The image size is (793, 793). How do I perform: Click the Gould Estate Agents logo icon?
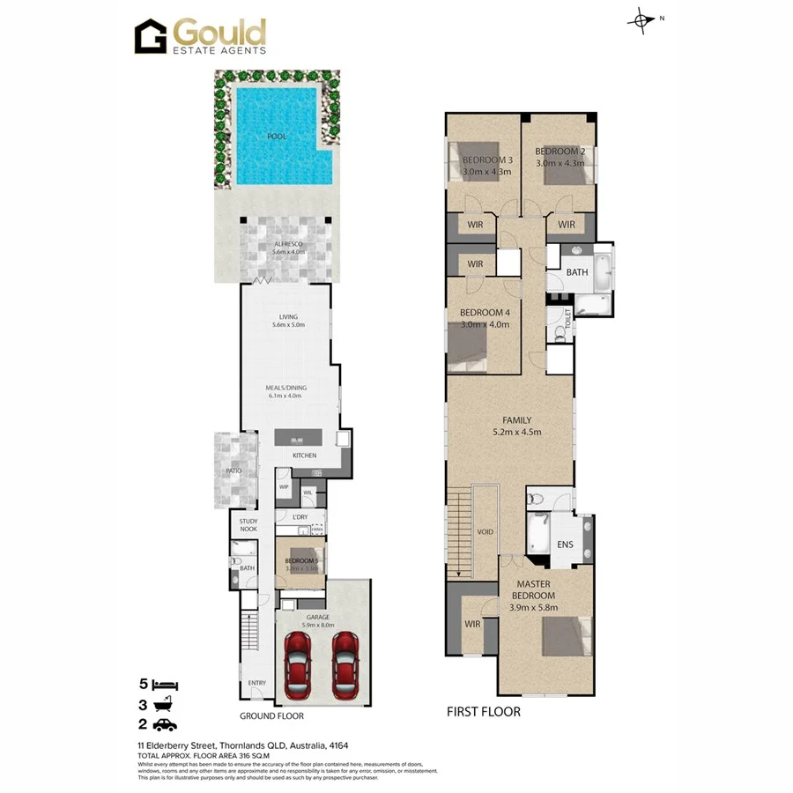[x=151, y=37]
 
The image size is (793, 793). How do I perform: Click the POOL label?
[x=277, y=137]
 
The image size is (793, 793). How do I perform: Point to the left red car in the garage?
[x=300, y=663]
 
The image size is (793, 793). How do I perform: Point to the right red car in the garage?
[x=345, y=663]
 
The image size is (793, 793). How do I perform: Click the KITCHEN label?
[x=304, y=456]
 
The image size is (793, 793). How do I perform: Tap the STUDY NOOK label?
[x=248, y=525]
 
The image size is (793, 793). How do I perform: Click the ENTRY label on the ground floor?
[x=256, y=683]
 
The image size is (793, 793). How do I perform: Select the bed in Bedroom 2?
[x=563, y=166]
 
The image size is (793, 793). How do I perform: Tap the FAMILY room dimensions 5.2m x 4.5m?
[x=516, y=432]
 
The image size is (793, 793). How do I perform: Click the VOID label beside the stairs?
[x=485, y=533]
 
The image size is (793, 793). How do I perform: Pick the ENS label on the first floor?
[x=565, y=545]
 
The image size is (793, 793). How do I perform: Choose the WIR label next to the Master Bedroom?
[x=472, y=624]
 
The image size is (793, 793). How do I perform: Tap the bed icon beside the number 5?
[x=165, y=685]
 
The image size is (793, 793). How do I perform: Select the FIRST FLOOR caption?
[x=483, y=711]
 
